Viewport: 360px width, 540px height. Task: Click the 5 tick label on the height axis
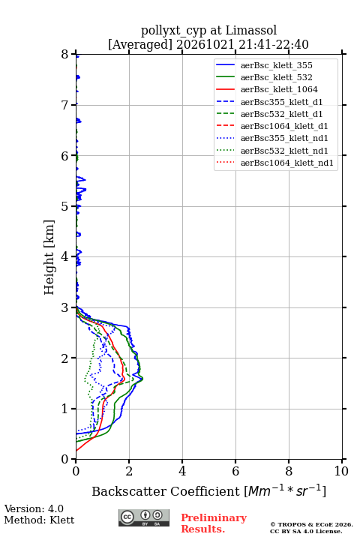tap(64, 206)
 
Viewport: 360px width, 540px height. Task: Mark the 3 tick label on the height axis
tap(64, 307)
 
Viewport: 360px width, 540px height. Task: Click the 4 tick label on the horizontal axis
tap(182, 471)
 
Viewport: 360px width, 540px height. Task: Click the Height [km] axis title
tap(49, 257)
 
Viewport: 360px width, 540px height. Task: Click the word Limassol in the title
tap(251, 30)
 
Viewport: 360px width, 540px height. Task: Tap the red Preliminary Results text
tap(214, 523)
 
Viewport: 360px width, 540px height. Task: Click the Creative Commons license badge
tap(144, 518)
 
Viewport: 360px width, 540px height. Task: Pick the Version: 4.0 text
tap(34, 508)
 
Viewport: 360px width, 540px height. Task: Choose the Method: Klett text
tap(39, 520)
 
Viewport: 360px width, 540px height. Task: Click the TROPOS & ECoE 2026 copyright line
tap(311, 525)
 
